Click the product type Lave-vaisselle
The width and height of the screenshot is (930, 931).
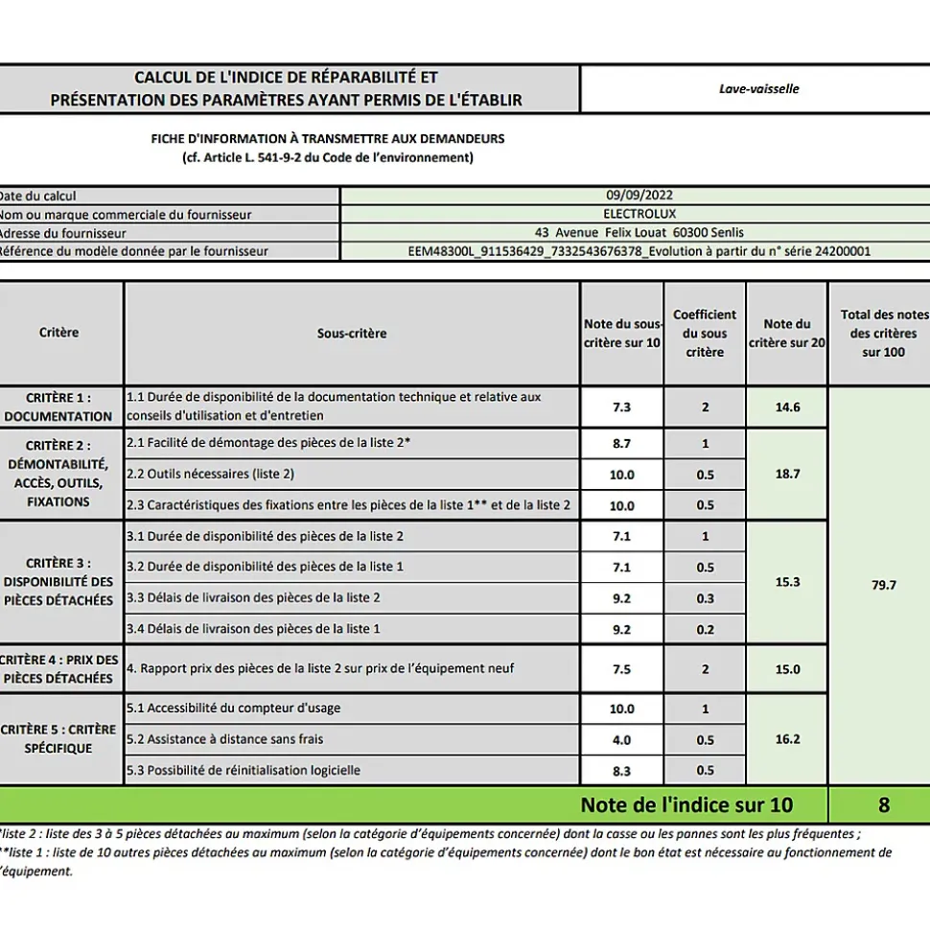coord(758,89)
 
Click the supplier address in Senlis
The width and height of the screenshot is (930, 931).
coord(639,232)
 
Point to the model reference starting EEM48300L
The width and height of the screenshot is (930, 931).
coord(639,251)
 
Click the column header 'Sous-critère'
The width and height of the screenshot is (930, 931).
coord(352,334)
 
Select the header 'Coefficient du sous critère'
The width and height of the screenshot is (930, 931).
coord(705,334)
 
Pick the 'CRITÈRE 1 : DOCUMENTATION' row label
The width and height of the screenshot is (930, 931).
coord(58,407)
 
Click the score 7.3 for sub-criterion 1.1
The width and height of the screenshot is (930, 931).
coord(621,407)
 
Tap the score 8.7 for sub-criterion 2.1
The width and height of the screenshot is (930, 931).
coord(621,443)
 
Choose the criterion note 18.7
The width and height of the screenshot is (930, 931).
coord(787,474)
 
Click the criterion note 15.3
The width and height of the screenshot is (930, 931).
coord(787,582)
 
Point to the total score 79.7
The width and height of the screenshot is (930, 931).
coord(883,585)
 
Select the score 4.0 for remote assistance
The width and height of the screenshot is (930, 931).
coord(621,739)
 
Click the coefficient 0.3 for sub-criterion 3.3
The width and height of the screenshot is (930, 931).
coord(705,597)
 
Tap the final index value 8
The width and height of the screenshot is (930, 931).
coord(883,804)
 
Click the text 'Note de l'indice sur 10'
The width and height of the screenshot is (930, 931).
coord(686,804)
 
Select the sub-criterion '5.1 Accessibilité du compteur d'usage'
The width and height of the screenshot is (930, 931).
coord(233,709)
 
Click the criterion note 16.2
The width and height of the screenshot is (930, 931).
coord(787,739)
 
